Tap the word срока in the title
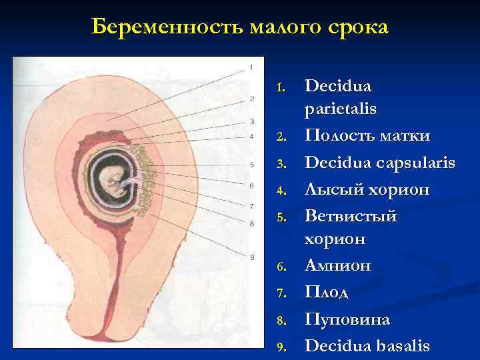(357, 27)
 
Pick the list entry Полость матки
(367, 136)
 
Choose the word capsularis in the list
(413, 163)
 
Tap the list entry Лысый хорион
(367, 191)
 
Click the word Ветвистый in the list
(351, 216)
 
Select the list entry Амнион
(338, 265)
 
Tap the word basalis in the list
(402, 345)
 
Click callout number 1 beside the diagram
(251, 67)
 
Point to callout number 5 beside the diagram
(251, 165)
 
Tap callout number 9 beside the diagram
(251, 257)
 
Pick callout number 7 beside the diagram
(251, 206)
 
